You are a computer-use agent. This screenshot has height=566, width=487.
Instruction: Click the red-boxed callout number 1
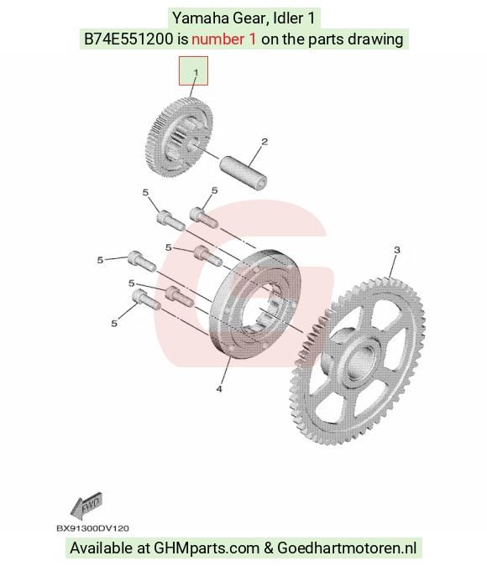pos(196,72)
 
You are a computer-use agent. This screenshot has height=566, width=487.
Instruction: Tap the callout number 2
pos(264,142)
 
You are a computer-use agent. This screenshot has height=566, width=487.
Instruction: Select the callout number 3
pos(397,250)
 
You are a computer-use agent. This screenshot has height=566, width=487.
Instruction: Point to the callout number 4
pos(219,389)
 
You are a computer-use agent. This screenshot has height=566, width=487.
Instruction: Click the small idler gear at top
pos(179,137)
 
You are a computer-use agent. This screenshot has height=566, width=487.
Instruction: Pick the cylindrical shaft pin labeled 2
pos(243,173)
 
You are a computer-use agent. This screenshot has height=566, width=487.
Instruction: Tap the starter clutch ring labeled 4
pos(255,304)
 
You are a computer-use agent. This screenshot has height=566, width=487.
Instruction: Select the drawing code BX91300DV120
pos(92,528)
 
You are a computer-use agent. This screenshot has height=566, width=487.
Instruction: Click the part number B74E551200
pos(128,39)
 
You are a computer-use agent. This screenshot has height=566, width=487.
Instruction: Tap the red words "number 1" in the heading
pos(224,39)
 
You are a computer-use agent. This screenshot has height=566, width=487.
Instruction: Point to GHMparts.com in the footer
pos(207,548)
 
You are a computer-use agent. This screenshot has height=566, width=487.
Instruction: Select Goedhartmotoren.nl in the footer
pos(347,548)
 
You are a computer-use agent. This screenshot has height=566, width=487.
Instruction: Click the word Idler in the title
pos(285,18)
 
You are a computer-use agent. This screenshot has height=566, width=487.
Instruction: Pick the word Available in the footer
pos(102,548)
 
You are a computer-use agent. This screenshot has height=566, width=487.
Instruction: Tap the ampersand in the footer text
pos(268,548)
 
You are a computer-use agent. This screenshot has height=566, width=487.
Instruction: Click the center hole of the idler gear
pos(191,145)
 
